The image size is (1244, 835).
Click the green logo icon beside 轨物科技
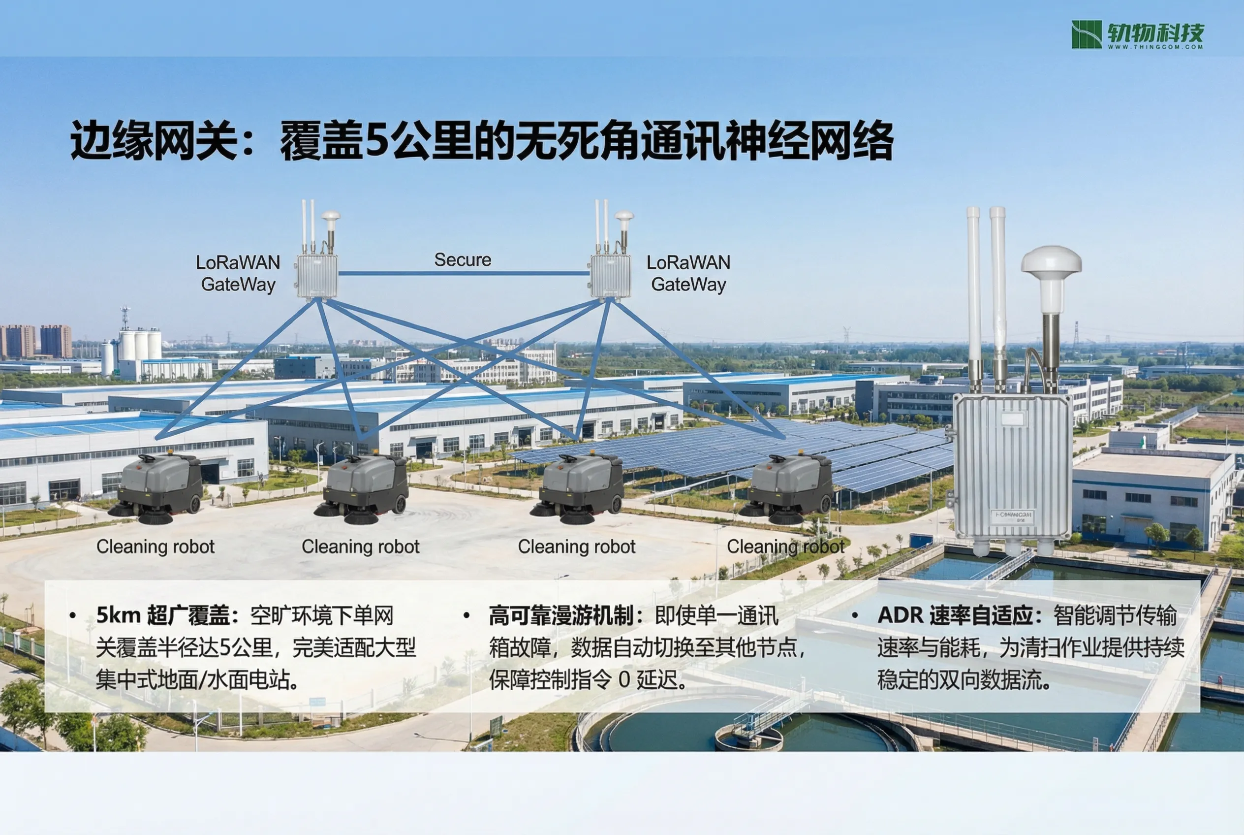coord(1087,34)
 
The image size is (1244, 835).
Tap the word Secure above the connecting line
coord(463,260)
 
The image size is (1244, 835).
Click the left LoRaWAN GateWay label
coord(238,273)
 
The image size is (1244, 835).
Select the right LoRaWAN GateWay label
coord(688,273)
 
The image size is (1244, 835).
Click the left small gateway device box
coord(317,276)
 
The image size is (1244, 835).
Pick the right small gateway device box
coord(611,276)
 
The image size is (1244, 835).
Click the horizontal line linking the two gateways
coord(464,273)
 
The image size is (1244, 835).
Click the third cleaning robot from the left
coord(578,488)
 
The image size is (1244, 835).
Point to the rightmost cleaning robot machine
coord(786,488)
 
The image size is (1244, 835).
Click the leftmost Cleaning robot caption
coord(155,547)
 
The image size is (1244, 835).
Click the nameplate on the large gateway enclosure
coord(1012,516)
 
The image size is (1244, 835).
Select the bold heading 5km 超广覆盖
coord(163,615)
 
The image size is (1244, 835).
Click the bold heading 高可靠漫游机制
coord(561,615)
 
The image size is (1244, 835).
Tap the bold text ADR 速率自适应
coord(956,615)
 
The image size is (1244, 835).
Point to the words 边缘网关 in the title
coord(155,141)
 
